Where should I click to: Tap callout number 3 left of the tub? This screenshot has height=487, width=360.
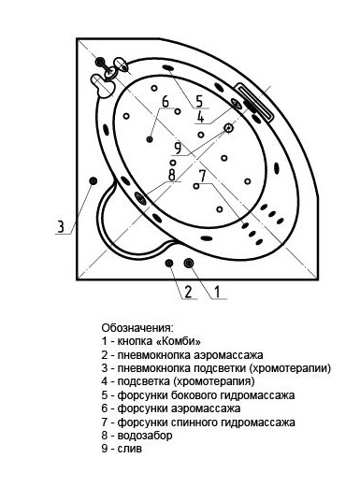61,226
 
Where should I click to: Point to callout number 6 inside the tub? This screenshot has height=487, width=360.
165,102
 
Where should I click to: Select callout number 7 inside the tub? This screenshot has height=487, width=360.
201,175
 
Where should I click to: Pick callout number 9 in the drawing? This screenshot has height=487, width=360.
177,147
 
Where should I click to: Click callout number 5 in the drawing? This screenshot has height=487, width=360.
197,100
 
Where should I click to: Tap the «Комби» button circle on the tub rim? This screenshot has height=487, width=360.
190,263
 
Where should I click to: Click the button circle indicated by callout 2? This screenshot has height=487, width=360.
170,263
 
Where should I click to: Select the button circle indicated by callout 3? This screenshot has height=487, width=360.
93,180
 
